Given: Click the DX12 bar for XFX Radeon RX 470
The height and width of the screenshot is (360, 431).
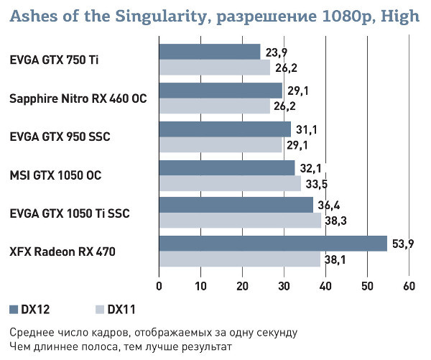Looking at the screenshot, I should pyautogui.click(x=273, y=244).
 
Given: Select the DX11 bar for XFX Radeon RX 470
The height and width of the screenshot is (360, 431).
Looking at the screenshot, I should pyautogui.click(x=239, y=259).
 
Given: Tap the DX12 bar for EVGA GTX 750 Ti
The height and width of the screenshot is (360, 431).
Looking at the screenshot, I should pyautogui.click(x=209, y=52).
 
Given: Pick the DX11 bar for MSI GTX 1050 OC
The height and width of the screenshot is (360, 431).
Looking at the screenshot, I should pyautogui.click(x=230, y=183).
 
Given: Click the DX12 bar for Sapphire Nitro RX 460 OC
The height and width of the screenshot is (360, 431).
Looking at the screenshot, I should pyautogui.click(x=220, y=90).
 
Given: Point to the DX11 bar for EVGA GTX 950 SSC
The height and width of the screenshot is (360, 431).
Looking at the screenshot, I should pyautogui.click(x=220, y=144).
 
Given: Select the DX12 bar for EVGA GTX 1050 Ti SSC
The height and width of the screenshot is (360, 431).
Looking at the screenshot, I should pyautogui.click(x=236, y=205).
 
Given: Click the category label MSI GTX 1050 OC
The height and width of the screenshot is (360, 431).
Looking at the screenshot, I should pyautogui.click(x=52, y=175).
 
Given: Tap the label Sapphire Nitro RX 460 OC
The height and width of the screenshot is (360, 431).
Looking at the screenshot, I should pyautogui.click(x=78, y=98).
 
